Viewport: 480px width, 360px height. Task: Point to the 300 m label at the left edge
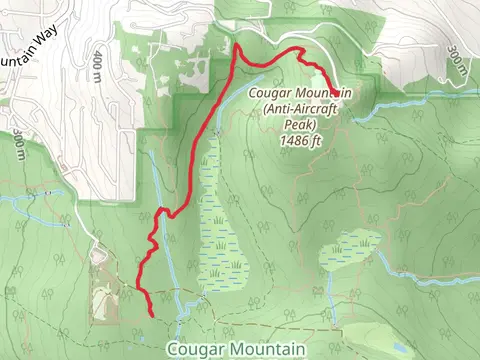click(x=18, y=145)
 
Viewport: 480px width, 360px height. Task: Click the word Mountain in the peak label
click(x=320, y=94)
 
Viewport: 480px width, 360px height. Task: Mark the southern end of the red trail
click(x=151, y=314)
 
